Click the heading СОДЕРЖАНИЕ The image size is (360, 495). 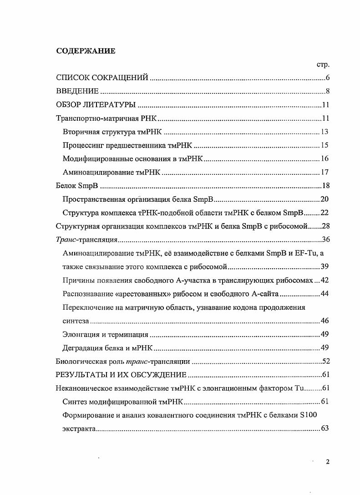(86, 51)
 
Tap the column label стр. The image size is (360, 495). (323, 65)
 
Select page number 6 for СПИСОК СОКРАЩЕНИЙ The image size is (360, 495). (327, 78)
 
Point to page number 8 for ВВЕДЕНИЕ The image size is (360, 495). (327, 92)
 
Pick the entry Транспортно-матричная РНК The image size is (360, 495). (106, 119)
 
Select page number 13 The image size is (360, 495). (324, 132)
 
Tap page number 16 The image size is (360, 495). (324, 159)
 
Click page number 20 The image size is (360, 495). (324, 199)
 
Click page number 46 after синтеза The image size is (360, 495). (324, 321)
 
